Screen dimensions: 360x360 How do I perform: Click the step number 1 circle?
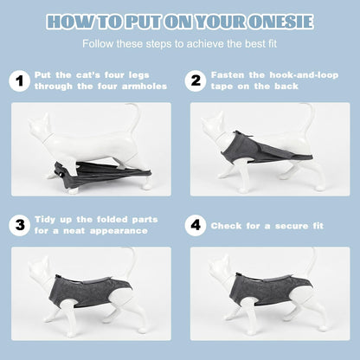pos(19,81)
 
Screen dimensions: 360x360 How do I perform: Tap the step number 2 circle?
pos(196,81)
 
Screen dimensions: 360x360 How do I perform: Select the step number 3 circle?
pos(19,225)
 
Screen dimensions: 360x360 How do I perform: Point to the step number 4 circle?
pos(196,225)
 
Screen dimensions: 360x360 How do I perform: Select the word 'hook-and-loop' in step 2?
pos(304,75)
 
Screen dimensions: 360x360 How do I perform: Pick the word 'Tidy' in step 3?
pos(45,220)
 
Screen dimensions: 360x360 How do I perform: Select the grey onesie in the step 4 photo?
pos(267,289)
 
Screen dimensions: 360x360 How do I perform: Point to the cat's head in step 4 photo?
pos(219,267)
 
